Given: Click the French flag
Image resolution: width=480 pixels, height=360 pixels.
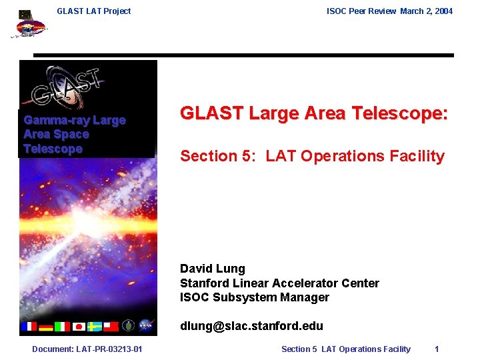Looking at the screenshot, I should click(29, 326).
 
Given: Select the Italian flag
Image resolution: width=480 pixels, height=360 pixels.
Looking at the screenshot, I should click(62, 326).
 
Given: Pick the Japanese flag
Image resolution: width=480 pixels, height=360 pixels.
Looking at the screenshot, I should click(79, 326).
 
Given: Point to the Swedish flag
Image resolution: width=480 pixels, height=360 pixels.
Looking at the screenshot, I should click(95, 326).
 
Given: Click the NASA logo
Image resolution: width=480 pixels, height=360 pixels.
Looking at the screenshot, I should click(146, 325).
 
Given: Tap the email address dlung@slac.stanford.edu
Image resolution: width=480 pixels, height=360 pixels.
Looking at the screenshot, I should click(251, 326).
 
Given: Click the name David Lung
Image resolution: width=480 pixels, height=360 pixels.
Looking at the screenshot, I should click(212, 269).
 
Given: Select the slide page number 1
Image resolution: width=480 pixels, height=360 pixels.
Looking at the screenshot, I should click(437, 349).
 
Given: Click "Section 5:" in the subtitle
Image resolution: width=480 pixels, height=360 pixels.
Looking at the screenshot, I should click(218, 156).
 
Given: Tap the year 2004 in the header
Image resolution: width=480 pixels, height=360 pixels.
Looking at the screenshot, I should click(443, 11).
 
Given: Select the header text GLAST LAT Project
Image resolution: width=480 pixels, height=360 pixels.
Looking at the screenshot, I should click(94, 11).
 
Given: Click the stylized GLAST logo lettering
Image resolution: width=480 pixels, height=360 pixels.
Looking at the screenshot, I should click(67, 85).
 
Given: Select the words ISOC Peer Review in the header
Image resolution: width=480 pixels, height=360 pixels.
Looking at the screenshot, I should click(361, 11).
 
